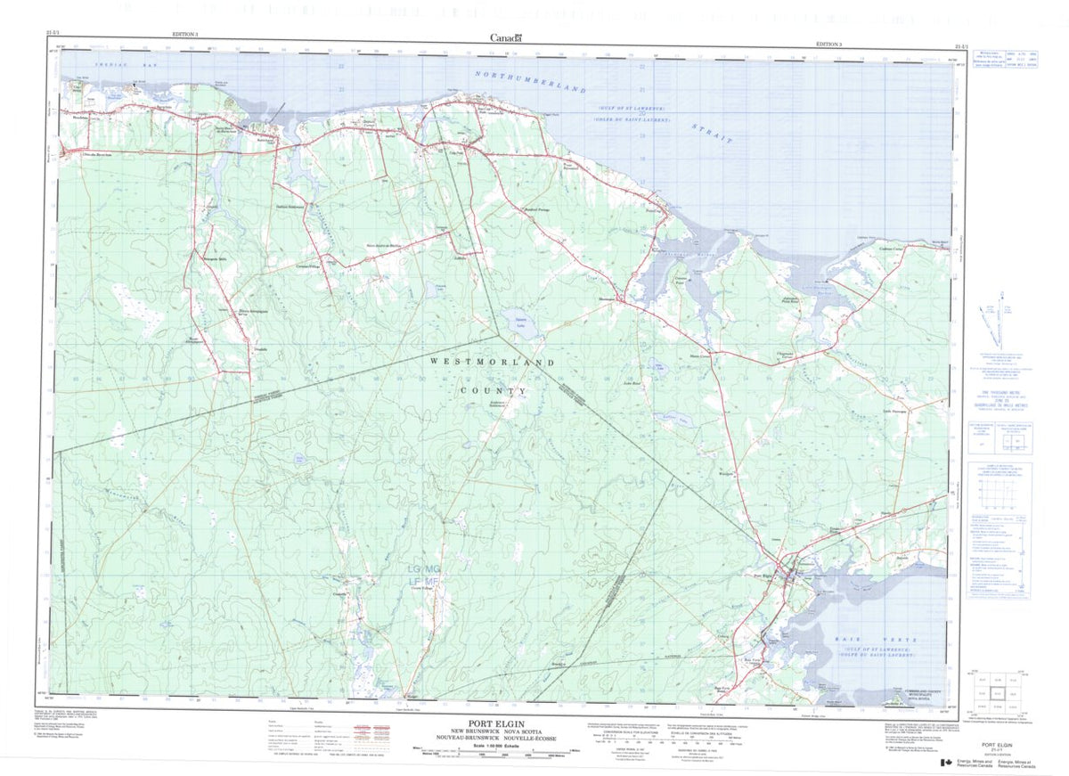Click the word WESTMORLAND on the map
tap(493, 363)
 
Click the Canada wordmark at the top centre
tap(506, 37)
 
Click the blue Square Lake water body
tap(515, 318)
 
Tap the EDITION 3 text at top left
tap(185, 33)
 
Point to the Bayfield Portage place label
tap(537, 210)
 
